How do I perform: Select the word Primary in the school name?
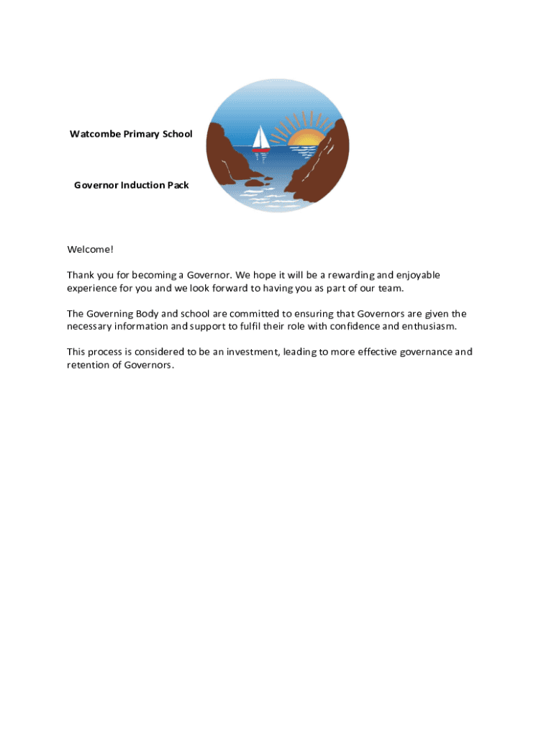(x=140, y=135)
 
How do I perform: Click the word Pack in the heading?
(x=178, y=186)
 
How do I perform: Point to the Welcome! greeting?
(x=90, y=250)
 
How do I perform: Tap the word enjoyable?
(x=414, y=276)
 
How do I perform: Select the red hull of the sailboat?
(x=260, y=150)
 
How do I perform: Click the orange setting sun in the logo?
(x=307, y=138)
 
